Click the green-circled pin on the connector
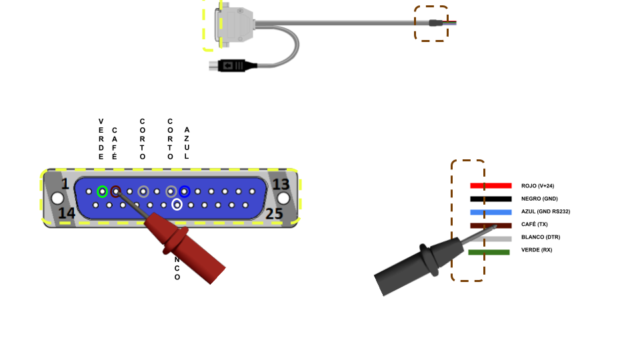(x=102, y=191)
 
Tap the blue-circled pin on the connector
(x=185, y=191)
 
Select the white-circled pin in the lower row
(x=177, y=205)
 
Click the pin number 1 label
(x=65, y=184)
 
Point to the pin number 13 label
(x=281, y=184)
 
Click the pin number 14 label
(x=66, y=213)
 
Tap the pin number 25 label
(x=274, y=213)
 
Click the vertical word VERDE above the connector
(x=101, y=139)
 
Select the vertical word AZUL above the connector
(x=187, y=143)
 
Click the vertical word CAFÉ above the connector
(x=115, y=143)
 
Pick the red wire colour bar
(x=491, y=185)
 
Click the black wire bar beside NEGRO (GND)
(x=491, y=199)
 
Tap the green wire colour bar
(x=489, y=252)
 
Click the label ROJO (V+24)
(x=537, y=186)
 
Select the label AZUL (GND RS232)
(x=545, y=211)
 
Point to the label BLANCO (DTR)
(x=541, y=237)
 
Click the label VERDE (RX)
(x=537, y=250)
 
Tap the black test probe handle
(x=413, y=267)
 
